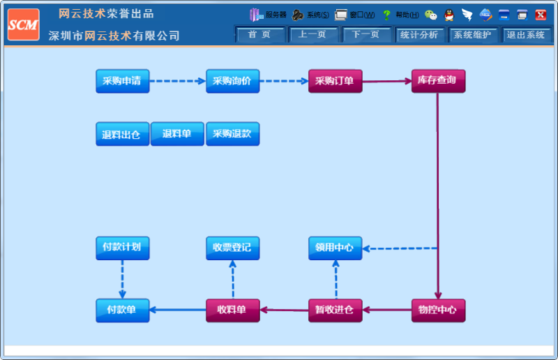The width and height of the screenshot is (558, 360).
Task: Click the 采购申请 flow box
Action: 122,81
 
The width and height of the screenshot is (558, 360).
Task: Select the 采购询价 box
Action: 232,81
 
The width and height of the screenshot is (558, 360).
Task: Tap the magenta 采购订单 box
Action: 335,81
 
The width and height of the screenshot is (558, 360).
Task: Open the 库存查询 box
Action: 437,81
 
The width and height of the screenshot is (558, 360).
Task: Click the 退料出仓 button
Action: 122,135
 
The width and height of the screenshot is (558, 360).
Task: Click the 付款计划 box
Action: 122,248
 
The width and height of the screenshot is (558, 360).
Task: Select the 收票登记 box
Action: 232,248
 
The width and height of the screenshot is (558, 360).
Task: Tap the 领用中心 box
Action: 335,248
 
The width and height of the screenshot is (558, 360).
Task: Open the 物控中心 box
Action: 437,310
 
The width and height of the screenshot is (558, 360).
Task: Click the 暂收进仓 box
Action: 335,310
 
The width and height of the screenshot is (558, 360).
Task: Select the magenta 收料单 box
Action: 232,310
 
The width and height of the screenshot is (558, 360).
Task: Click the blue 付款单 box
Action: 122,310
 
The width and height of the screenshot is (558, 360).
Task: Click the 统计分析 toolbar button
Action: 419,35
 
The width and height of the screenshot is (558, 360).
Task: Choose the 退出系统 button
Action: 525,35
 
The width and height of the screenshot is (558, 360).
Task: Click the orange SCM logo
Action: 23,24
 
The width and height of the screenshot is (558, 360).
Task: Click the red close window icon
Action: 541,15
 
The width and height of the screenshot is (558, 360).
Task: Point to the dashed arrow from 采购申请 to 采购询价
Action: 177,81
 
